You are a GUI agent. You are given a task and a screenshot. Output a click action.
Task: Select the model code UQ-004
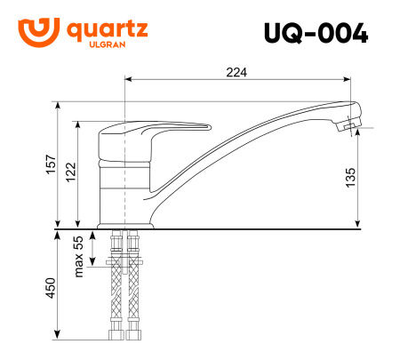316,34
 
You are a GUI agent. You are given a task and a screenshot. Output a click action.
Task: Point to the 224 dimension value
236,72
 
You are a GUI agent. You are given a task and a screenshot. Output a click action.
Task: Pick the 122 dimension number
71,173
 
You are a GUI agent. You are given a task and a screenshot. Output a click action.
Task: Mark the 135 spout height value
351,178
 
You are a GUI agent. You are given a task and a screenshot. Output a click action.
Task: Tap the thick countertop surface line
222,229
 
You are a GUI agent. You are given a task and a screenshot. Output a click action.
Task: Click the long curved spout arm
258,129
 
